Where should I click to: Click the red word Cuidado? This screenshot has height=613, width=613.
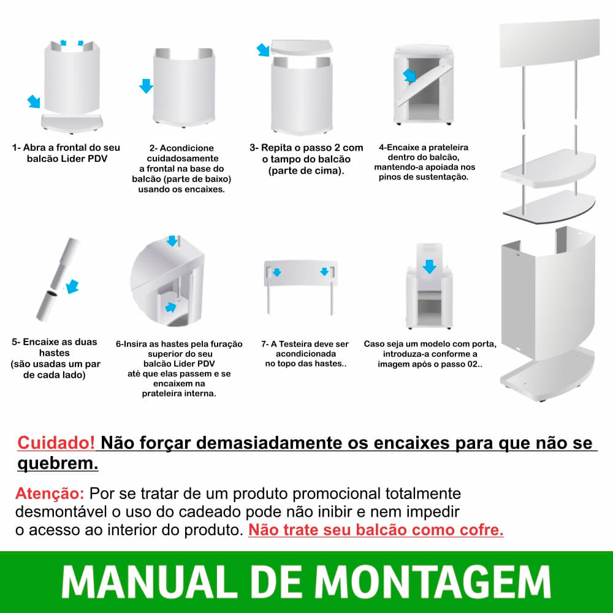tap(56, 443)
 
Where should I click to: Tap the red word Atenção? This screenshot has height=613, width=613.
tap(50, 493)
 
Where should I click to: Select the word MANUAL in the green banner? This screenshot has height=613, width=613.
tap(150, 582)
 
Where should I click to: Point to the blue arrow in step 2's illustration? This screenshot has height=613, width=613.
tap(146, 86)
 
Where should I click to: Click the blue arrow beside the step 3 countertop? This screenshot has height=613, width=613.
tap(263, 50)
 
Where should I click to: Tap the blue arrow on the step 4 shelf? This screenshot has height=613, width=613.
tap(409, 75)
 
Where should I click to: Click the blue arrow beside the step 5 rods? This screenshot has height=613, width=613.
tap(72, 286)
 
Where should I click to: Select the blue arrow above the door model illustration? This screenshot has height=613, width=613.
tap(429, 266)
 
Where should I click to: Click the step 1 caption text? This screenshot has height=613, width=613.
tap(66, 153)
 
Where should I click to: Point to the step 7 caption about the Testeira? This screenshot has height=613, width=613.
tap(305, 354)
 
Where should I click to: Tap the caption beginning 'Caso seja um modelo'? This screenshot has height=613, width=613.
tap(430, 354)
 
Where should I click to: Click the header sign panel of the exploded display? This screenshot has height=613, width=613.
tap(549, 42)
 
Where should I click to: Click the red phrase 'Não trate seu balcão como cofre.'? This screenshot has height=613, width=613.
tap(376, 530)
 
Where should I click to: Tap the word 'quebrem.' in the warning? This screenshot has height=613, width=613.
tap(58, 463)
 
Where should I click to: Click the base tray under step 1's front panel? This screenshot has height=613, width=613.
tap(72, 123)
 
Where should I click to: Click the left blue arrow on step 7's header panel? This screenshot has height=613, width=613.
tap(277, 272)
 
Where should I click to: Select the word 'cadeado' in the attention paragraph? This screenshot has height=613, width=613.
tap(215, 511)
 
